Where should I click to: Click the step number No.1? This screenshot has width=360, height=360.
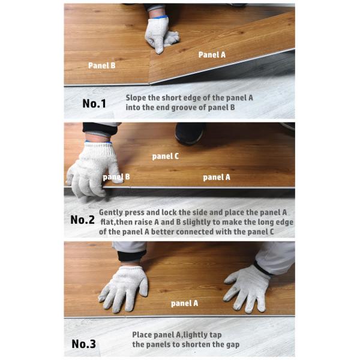click(94, 103)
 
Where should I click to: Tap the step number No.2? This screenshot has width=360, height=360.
click(82, 220)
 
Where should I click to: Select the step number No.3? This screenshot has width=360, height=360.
click(83, 344)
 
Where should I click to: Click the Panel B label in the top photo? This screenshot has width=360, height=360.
click(102, 65)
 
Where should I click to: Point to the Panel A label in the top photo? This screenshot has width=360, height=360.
click(212, 55)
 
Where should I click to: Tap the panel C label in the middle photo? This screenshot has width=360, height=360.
click(166, 157)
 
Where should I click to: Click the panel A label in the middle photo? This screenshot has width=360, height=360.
click(217, 177)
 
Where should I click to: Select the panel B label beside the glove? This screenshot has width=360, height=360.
click(116, 177)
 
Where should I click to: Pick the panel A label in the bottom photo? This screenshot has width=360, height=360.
click(184, 303)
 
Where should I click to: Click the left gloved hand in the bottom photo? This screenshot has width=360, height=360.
click(124, 289)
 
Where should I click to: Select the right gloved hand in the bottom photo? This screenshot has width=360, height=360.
click(247, 288)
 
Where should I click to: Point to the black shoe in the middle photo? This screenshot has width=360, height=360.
click(190, 134)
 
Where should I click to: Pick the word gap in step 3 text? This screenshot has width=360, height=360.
click(233, 345)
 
